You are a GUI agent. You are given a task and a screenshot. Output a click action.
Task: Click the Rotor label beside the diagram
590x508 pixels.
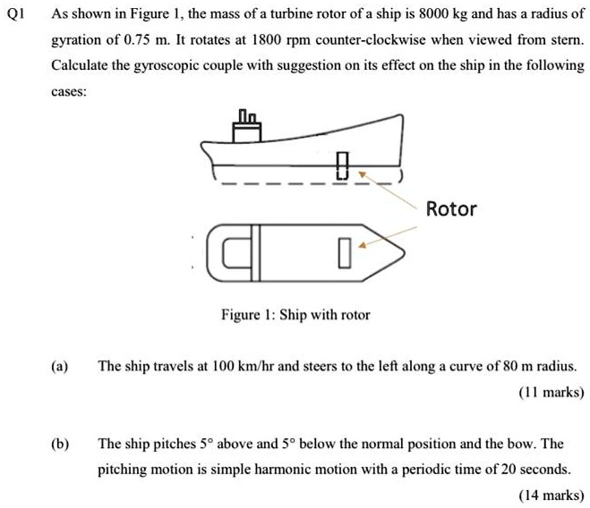(451, 209)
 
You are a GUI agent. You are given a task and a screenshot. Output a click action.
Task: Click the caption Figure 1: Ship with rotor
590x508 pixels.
(295, 315)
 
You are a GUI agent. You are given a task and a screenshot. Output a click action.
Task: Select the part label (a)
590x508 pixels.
(60, 367)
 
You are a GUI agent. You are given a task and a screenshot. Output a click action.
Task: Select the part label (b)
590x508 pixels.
(60, 444)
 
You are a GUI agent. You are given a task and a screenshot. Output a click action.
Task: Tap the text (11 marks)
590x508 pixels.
(551, 392)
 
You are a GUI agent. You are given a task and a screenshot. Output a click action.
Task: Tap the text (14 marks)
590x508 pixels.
(551, 494)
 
